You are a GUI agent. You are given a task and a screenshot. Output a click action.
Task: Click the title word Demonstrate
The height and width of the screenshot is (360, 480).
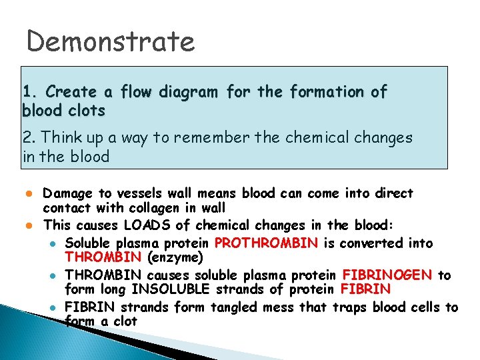[x=111, y=42]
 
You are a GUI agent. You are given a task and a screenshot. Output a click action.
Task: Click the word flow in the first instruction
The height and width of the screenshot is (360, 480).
[x=147, y=91]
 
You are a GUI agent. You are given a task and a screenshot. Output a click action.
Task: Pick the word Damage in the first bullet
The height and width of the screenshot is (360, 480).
[x=67, y=193]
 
